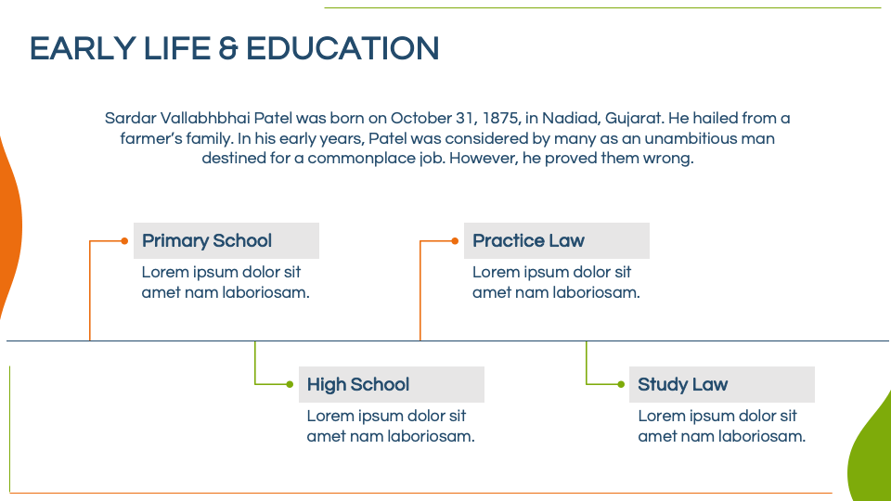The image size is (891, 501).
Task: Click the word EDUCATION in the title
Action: click(x=342, y=48)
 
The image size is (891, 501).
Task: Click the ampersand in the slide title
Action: click(x=228, y=48)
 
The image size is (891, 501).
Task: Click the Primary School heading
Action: click(x=207, y=241)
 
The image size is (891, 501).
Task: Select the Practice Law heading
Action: click(x=528, y=241)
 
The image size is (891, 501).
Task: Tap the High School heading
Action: click(x=358, y=384)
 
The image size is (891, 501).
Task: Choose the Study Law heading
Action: click(x=682, y=384)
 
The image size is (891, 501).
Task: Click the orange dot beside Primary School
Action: click(x=124, y=241)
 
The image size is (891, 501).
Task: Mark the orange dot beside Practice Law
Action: click(x=455, y=241)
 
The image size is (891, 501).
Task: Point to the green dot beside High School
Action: click(x=290, y=384)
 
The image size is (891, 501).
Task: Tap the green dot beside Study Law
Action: click(x=621, y=384)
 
